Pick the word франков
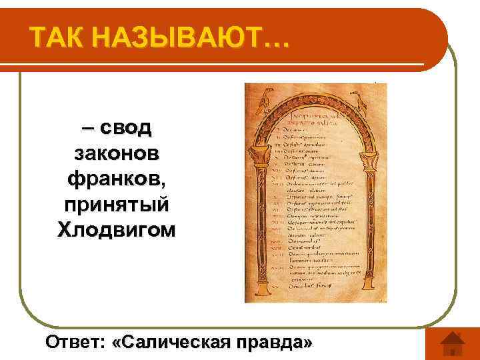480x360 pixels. click(x=114, y=179)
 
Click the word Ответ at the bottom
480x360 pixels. click(x=73, y=343)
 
